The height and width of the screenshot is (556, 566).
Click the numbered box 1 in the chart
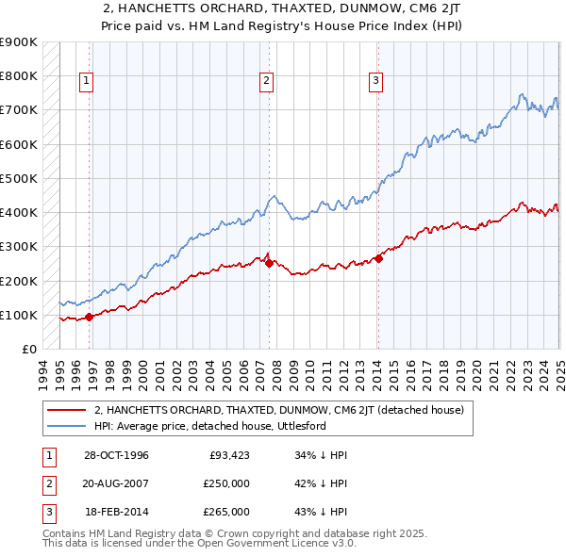[x=86, y=82]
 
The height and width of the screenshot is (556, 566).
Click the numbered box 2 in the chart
[x=267, y=82]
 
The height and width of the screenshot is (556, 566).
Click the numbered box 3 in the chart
[x=375, y=82]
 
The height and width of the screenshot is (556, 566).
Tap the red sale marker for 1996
[x=90, y=317]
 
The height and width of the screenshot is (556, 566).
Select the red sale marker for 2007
[x=269, y=263]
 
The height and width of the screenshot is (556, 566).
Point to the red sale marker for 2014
[x=378, y=258]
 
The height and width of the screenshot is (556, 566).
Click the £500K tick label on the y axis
[x=20, y=178]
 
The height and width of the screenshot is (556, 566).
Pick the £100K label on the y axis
[x=20, y=315]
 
